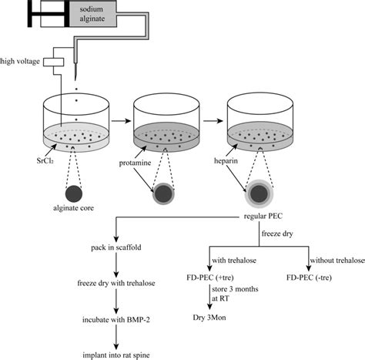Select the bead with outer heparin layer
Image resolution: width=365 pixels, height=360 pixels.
(x=260, y=190)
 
